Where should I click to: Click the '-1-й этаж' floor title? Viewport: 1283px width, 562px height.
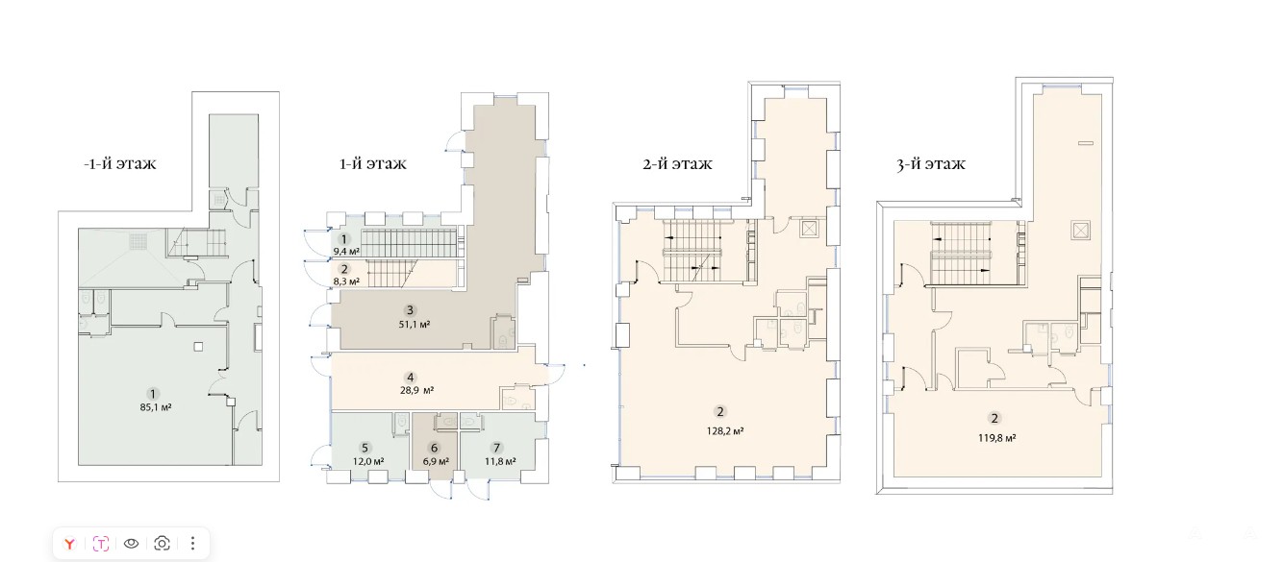pos(119,164)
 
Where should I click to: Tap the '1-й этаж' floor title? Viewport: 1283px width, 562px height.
pos(373,164)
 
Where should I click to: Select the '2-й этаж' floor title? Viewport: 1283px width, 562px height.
pos(678,164)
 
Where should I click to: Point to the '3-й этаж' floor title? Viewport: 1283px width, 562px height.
pos(931,164)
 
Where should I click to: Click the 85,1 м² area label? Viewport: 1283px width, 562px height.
pos(156,407)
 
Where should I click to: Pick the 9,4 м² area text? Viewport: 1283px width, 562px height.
pos(346,252)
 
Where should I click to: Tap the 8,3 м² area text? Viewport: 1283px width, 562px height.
pos(346,281)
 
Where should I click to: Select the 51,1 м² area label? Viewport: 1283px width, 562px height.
pos(415,325)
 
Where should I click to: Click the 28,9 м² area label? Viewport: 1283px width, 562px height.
pos(417,390)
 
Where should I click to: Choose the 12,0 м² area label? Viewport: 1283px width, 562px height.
pos(368,461)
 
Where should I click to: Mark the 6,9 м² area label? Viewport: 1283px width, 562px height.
pos(436,461)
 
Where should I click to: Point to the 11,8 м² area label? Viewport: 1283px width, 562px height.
pos(500,461)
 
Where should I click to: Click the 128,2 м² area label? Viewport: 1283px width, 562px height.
pos(725,431)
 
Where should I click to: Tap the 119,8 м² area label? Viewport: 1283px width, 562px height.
pos(997,438)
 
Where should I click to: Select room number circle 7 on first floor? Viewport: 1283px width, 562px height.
pos(496,448)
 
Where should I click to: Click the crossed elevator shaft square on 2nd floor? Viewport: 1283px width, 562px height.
pos(809,230)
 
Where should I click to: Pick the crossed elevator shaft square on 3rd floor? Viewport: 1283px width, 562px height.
pos(1080,231)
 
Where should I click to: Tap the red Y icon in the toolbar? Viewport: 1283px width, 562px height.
pos(69,543)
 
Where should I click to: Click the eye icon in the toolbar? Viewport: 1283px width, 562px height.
pos(131,543)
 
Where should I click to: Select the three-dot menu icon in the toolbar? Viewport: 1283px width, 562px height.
pos(193,543)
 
